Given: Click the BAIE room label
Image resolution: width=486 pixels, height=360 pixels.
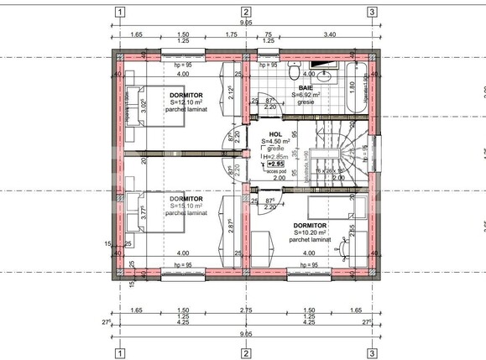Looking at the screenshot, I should coord(306,87).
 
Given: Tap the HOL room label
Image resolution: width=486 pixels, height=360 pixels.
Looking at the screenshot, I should coord(275,134).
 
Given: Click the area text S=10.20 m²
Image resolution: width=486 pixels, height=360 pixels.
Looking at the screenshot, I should coord(310,232).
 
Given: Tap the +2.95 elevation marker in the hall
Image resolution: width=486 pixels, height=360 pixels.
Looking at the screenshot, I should coord(275,164).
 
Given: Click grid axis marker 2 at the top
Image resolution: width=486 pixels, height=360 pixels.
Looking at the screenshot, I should coord(246,12).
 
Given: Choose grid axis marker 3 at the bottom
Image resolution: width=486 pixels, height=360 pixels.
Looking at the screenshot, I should coord(371,352).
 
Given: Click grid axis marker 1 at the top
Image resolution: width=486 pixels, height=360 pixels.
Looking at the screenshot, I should coord(121,12).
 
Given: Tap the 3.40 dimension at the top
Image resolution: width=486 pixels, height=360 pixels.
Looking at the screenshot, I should coord(330,35).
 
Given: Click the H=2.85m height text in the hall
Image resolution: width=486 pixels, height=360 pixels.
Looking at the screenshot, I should coord(275,156).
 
